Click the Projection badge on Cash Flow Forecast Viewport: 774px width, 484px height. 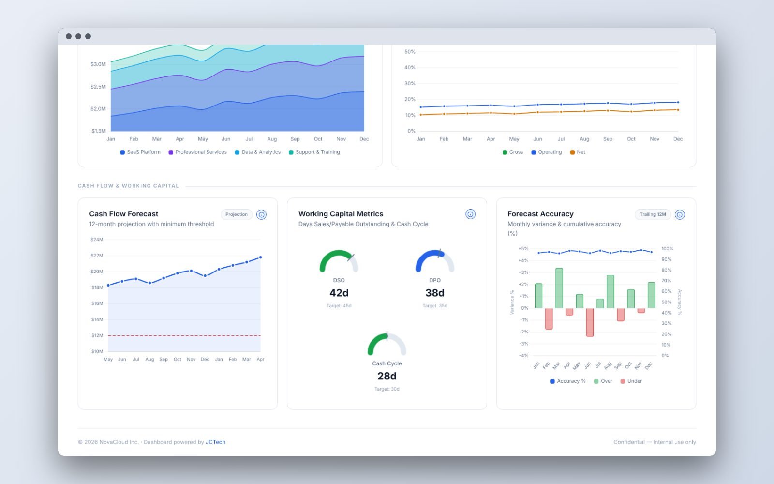point(237,214)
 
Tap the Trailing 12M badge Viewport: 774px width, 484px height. point(653,214)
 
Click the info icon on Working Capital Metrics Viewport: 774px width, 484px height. point(470,214)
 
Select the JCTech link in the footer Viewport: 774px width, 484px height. point(215,442)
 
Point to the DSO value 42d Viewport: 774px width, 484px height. point(339,293)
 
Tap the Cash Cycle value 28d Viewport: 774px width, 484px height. point(387,376)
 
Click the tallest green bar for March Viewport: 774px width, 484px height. point(559,288)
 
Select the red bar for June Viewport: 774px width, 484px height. point(590,322)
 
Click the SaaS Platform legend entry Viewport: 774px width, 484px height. point(140,152)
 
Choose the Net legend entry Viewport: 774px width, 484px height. point(578,152)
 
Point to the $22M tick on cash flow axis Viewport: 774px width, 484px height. point(97,256)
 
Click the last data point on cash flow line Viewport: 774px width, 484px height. point(261,257)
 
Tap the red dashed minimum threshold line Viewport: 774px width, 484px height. point(184,335)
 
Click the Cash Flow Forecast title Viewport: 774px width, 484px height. point(124,213)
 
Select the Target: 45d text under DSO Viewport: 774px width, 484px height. point(339,305)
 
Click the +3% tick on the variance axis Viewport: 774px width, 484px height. point(523,272)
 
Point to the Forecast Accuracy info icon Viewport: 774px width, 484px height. point(680,214)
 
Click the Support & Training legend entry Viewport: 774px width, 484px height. point(314,152)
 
